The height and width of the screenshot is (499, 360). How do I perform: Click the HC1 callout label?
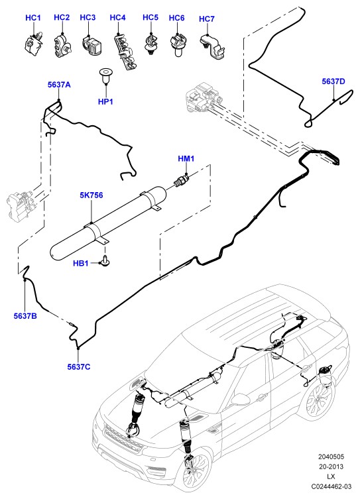coord(33,18)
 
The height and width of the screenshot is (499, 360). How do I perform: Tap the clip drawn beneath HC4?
coord(125,52)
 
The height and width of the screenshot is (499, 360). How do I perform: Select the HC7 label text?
coord(207,19)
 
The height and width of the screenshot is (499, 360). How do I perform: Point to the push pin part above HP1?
coord(104,76)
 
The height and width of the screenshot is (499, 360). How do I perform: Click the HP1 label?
coord(105,102)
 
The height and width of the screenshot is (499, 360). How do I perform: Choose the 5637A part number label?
coord(59,85)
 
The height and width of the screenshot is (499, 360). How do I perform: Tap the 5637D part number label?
coord(333,82)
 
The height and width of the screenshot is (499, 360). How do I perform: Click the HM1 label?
coord(186,158)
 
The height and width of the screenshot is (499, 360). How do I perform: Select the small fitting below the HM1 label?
coord(181,180)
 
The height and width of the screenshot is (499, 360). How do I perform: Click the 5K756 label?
coord(91,195)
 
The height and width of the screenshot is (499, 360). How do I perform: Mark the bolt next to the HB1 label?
coord(105,260)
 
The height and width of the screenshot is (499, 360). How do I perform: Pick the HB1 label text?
coord(81,264)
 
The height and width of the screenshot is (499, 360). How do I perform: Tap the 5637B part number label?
coord(25,316)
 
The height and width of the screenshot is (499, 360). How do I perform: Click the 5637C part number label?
coord(79,367)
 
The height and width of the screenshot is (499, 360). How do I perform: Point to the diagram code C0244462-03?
coord(331,486)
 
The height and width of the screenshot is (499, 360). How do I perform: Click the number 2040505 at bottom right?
coord(331,457)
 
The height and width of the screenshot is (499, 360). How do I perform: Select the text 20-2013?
coord(331,467)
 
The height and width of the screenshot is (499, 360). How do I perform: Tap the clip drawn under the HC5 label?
coord(150,44)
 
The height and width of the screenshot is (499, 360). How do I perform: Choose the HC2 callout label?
coord(62,17)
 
